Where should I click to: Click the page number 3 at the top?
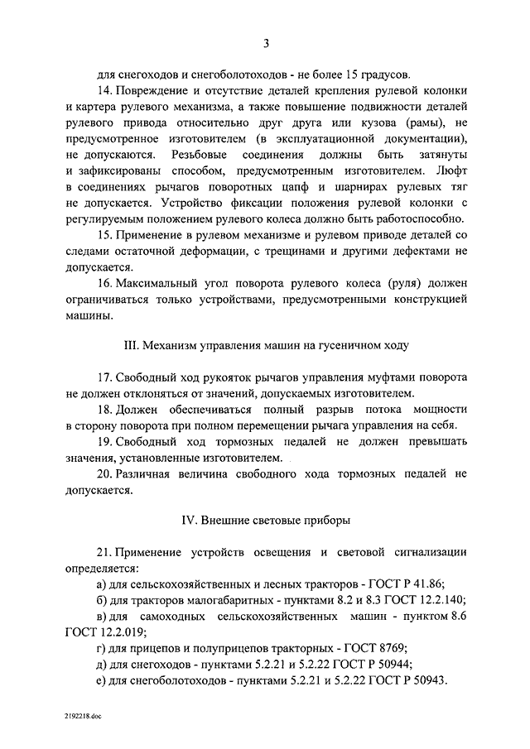(266, 44)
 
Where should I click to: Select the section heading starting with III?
(265, 343)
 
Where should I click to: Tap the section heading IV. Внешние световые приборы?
(265, 521)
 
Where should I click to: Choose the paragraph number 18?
(104, 410)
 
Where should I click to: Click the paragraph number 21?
(104, 552)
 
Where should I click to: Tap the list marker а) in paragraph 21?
(102, 584)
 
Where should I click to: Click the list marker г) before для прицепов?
(101, 648)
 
